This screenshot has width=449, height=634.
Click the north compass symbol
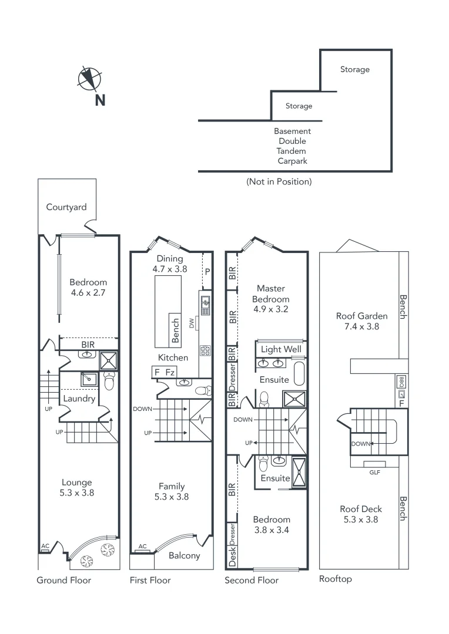90,78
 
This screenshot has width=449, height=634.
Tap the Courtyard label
66,207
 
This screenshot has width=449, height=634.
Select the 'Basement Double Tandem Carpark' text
293,146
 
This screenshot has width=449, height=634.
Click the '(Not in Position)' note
279,181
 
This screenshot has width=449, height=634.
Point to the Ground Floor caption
64,580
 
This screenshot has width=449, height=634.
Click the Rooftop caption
335,579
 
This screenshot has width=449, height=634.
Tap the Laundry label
79,399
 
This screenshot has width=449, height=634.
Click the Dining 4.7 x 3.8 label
170,264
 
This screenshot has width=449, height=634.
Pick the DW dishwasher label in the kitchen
191,322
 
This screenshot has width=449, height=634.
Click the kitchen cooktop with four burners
206,350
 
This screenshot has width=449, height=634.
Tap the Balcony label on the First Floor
184,555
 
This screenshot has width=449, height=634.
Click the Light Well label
280,349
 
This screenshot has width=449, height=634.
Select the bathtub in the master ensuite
299,375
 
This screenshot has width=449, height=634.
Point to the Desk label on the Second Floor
232,560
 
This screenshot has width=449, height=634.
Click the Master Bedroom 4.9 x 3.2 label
271,298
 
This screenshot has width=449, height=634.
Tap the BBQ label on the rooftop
401,381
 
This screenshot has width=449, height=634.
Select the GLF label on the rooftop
374,471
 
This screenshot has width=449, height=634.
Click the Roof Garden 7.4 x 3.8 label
362,321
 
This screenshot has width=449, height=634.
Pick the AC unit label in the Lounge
45,547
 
